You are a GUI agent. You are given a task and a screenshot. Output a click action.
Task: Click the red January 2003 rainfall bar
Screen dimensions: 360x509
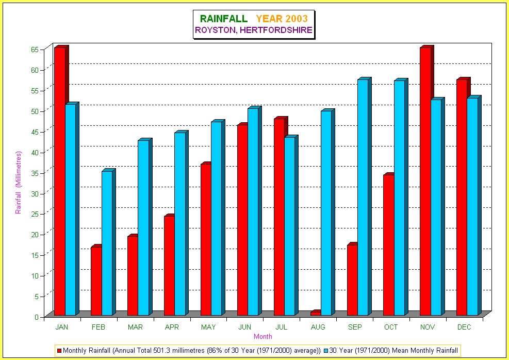click(x=59, y=181)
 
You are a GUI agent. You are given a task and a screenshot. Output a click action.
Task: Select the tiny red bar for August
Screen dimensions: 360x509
click(x=315, y=313)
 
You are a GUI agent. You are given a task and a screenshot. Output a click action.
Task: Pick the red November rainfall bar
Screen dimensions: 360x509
click(x=425, y=181)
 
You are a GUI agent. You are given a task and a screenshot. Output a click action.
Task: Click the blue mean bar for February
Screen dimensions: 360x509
click(x=106, y=243)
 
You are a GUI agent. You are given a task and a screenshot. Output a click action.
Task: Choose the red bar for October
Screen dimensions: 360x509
click(x=388, y=245)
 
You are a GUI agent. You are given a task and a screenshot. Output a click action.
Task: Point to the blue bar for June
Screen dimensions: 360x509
click(x=253, y=211)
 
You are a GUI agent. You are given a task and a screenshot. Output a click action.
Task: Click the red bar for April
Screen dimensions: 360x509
click(x=169, y=266)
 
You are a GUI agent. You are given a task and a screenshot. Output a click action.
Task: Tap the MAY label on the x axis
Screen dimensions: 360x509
click(x=208, y=327)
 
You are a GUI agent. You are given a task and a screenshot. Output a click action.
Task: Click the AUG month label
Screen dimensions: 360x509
click(x=318, y=327)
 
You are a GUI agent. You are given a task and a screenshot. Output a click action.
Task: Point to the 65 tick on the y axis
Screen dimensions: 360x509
click(x=35, y=50)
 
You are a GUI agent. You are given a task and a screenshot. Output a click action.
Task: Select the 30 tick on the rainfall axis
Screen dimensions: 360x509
click(x=35, y=193)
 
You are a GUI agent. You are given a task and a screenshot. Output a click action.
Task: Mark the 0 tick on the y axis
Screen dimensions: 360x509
click(x=37, y=317)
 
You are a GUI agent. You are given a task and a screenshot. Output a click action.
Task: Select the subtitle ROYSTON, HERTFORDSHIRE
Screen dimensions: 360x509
click(x=253, y=30)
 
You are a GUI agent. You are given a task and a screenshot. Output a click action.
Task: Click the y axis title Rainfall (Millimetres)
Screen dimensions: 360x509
click(x=19, y=183)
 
